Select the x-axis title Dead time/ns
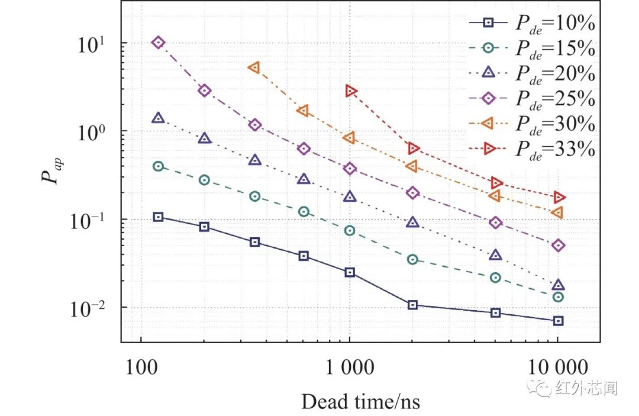click(360, 401)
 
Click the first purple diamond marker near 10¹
click(158, 42)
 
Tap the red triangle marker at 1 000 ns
click(351, 91)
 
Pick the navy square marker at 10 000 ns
click(558, 321)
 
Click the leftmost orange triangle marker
click(254, 67)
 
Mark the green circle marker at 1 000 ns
click(350, 230)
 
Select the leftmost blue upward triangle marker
click(158, 118)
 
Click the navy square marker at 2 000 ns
click(412, 305)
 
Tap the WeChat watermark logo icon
click(541, 388)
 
